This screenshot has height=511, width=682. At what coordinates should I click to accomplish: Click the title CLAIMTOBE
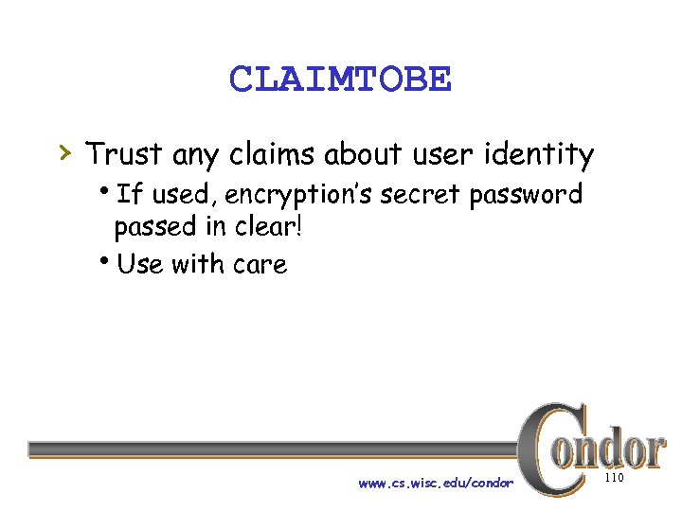tap(340, 79)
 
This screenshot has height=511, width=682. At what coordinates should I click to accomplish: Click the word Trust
tap(124, 153)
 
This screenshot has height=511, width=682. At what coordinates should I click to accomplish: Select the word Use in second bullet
tap(140, 264)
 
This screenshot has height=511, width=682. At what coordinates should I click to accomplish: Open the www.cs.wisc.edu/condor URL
tap(436, 484)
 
